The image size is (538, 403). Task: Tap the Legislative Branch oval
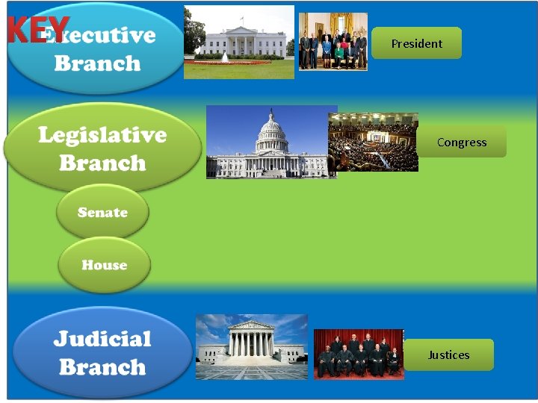click(102, 149)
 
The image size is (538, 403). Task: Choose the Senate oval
click(102, 213)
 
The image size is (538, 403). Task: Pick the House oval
click(104, 265)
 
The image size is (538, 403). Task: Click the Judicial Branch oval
click(102, 352)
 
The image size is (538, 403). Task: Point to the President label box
click(416, 43)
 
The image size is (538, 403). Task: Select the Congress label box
click(461, 142)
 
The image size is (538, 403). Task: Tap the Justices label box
click(448, 354)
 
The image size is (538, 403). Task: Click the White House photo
click(239, 43)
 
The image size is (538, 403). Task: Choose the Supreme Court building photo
click(251, 347)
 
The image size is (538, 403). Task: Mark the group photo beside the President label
click(333, 42)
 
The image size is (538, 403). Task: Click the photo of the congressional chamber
click(373, 142)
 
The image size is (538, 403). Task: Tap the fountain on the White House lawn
click(224, 57)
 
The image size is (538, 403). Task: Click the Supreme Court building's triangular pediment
click(251, 326)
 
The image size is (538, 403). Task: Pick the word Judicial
click(102, 339)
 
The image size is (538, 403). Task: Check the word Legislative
click(102, 135)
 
